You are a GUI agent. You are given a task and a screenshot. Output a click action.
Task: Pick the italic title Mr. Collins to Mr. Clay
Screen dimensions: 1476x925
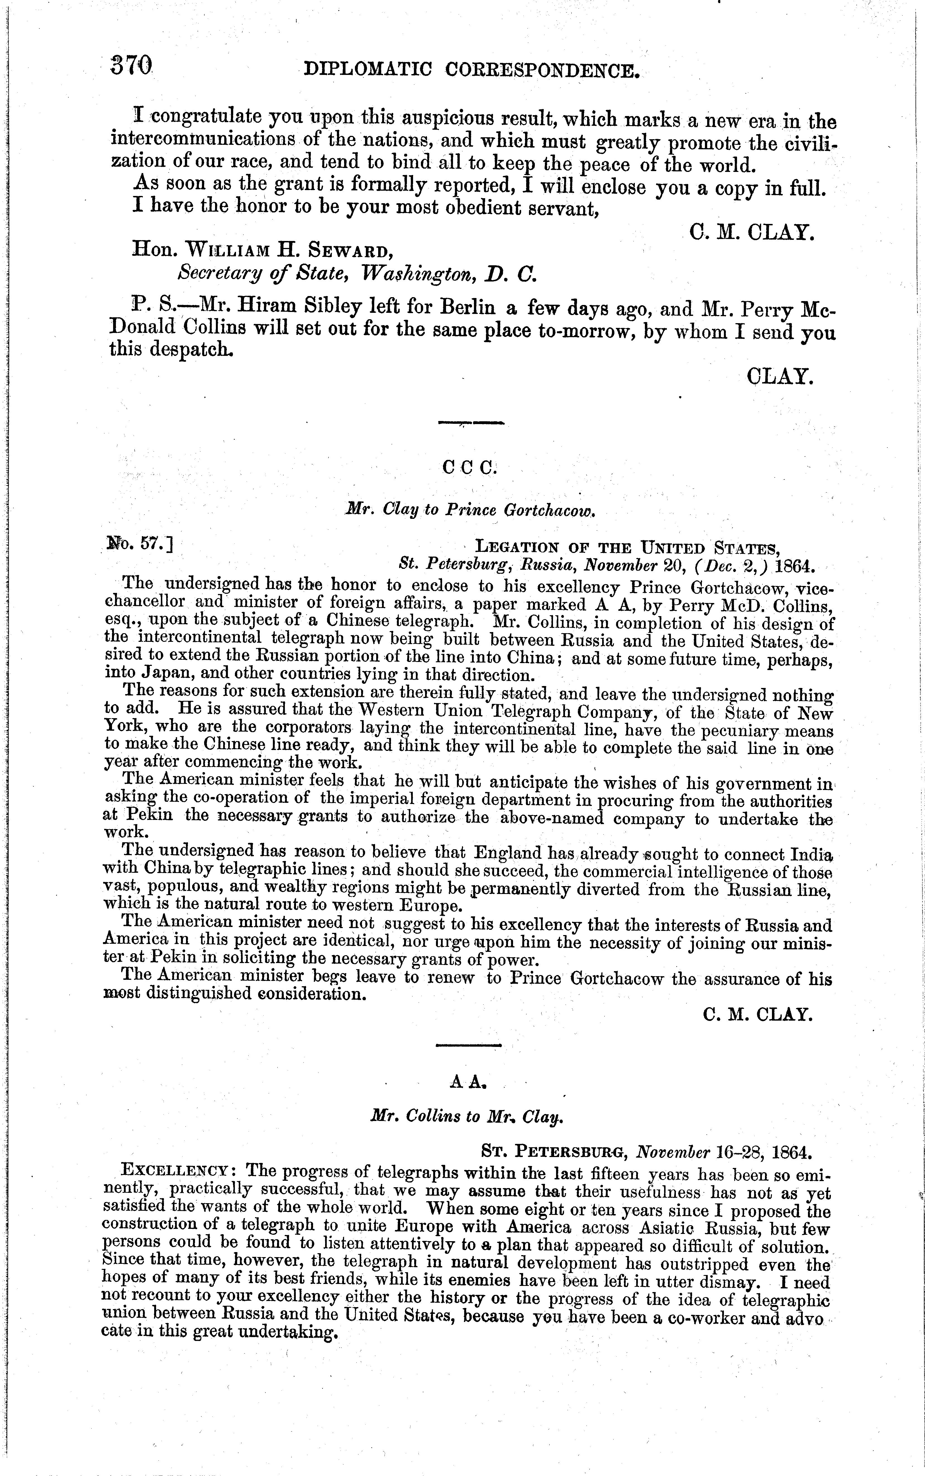(x=467, y=1116)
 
